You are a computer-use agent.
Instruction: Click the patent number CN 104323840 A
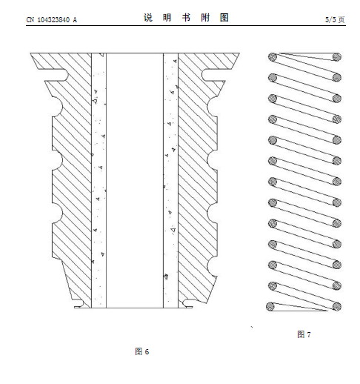[51, 19]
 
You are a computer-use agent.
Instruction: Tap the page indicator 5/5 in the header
[330, 19]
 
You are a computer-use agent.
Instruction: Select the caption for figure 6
[142, 351]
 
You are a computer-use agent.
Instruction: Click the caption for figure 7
[304, 334]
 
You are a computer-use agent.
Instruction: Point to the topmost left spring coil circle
[273, 57]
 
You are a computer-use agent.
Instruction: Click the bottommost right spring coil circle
[336, 306]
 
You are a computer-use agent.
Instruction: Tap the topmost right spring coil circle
[336, 57]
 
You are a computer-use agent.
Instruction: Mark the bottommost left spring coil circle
[270, 307]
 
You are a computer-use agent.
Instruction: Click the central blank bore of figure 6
[135, 180]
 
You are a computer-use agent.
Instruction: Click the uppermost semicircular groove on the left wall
[58, 107]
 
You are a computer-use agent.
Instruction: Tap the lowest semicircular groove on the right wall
[212, 266]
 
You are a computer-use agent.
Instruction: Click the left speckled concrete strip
[99, 180]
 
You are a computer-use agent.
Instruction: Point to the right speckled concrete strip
[170, 180]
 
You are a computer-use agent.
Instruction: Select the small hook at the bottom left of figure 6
[79, 304]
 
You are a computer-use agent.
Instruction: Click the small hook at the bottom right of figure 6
[187, 304]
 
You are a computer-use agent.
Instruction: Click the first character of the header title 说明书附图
[148, 18]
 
